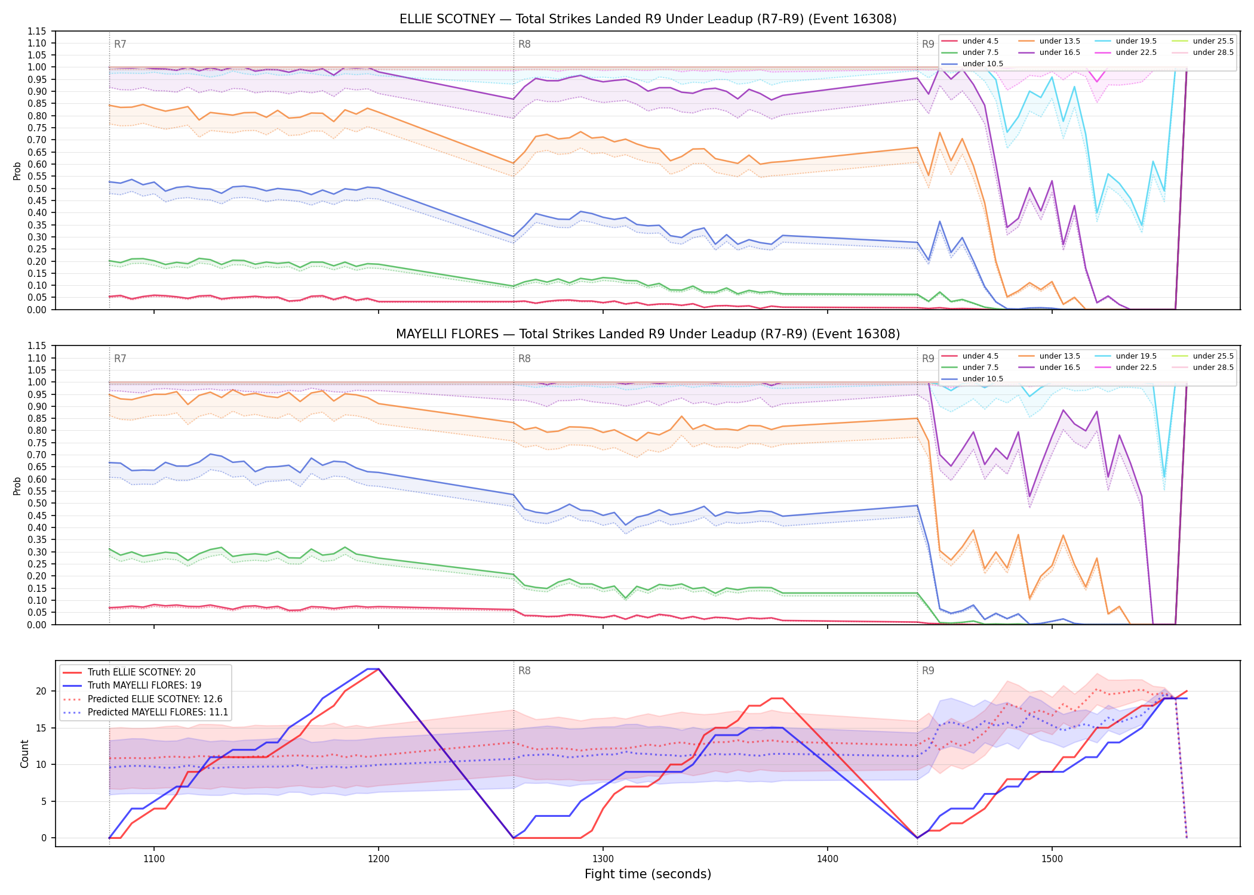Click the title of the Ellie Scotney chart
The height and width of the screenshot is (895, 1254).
tap(648, 19)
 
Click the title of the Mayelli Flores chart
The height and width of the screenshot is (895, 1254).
tap(648, 334)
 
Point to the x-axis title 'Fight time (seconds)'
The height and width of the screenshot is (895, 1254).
tap(648, 874)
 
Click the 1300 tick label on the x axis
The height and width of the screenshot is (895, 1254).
tap(603, 859)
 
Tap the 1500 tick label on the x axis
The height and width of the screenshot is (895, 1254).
tap(1052, 859)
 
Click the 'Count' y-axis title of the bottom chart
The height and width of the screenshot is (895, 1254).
tap(24, 754)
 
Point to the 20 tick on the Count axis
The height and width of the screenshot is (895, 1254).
tap(41, 692)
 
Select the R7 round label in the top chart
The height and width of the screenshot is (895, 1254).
tap(120, 44)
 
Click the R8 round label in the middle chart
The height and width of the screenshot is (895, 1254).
tap(524, 359)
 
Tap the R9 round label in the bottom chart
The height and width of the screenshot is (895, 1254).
tap(928, 671)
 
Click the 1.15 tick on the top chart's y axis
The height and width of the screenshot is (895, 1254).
tap(36, 31)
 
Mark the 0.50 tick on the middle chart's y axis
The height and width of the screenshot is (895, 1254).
tap(36, 504)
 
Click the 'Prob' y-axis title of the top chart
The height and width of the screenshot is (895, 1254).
tap(17, 171)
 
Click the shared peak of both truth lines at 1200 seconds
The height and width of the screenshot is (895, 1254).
tap(378, 669)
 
